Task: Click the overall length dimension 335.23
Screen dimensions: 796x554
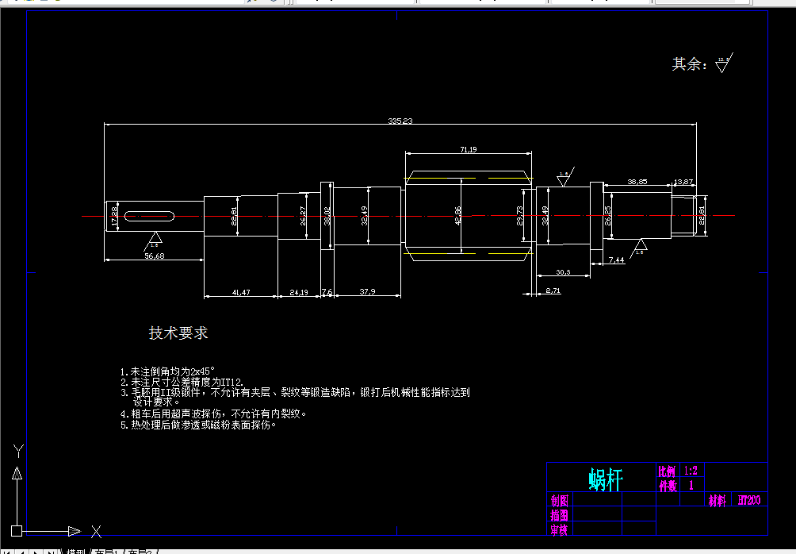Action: (400, 121)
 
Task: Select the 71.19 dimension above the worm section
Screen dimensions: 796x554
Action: (468, 149)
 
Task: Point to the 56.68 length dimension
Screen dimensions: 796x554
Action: (154, 256)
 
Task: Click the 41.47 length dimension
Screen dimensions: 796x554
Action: (241, 293)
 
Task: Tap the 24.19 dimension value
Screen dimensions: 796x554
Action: (299, 293)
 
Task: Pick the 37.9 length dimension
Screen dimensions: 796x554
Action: (367, 292)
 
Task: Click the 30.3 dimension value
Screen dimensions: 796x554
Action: (563, 272)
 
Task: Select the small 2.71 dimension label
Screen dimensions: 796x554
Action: (553, 291)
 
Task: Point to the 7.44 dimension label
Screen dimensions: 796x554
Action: (616, 260)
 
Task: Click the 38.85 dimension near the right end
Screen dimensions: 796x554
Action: (637, 182)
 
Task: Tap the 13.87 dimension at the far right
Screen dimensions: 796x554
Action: (683, 182)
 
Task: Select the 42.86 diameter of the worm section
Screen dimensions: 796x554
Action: (457, 215)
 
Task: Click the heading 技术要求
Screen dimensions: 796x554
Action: (178, 333)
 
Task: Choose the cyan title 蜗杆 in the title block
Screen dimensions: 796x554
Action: (606, 479)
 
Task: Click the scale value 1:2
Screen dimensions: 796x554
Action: (690, 471)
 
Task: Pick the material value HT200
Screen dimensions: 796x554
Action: (749, 500)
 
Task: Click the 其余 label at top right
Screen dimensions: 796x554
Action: (689, 64)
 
